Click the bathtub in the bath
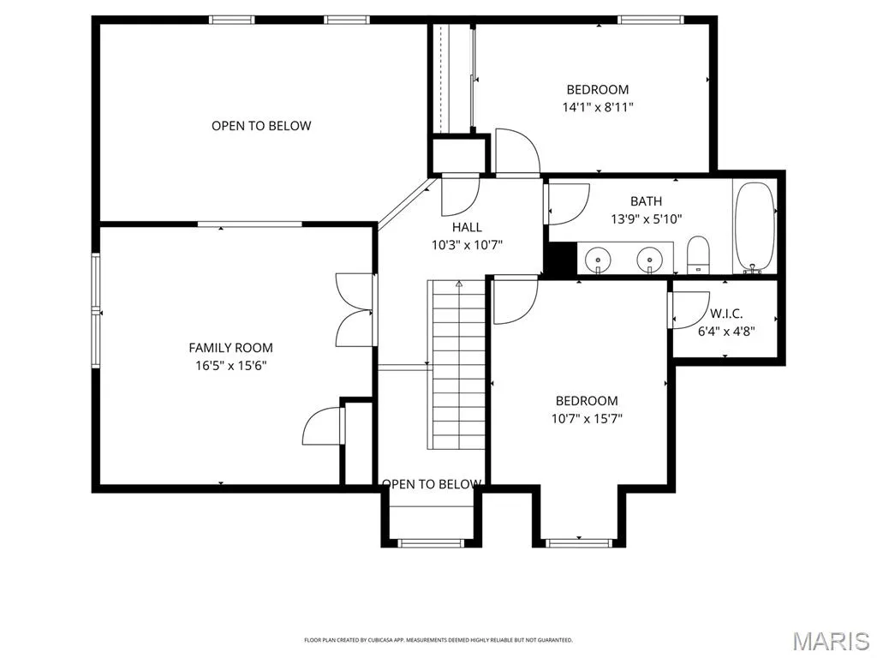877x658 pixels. [755, 228]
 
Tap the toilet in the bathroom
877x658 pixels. [697, 254]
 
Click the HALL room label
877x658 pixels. [467, 227]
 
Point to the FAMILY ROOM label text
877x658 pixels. [231, 348]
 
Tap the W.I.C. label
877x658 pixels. [726, 314]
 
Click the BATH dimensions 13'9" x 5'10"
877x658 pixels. [647, 218]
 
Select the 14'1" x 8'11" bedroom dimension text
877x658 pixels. [598, 107]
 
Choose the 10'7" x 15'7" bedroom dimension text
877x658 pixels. [587, 418]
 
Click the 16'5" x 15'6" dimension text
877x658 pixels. [231, 366]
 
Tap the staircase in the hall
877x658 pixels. [456, 364]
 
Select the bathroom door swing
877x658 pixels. [569, 204]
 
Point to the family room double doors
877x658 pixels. [355, 309]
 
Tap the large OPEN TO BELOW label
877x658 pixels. [261, 126]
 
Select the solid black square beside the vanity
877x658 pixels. [560, 259]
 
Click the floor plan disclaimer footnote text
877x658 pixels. [438, 639]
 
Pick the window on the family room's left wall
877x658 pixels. [96, 311]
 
